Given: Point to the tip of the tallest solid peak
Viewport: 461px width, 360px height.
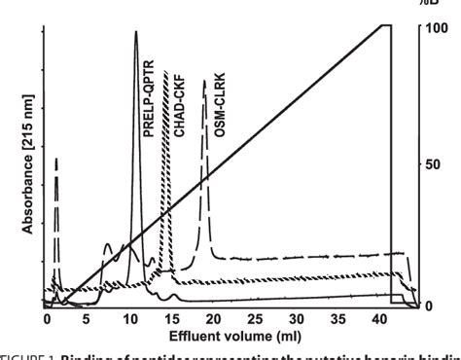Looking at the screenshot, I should coord(135,32).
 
